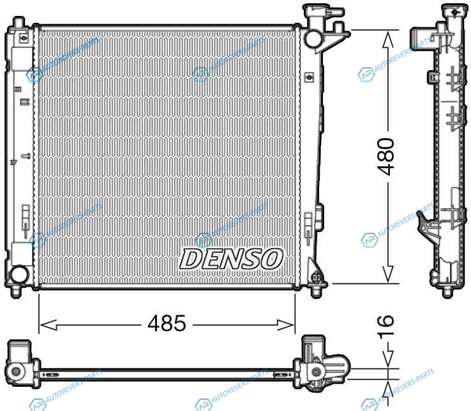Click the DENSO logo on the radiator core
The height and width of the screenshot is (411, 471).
pos(231,259)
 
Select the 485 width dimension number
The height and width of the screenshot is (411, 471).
pos(167,324)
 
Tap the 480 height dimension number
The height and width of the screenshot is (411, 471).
pos(386,156)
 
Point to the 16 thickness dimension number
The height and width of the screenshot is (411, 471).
pos(385,327)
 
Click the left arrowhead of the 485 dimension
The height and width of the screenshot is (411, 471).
pos(48,325)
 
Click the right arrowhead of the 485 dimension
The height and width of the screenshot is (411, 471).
pos(286,325)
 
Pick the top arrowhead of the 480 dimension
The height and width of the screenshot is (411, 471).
pos(388,40)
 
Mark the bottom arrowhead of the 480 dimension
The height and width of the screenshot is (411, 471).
pos(388,274)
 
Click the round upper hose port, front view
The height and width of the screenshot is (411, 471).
pos(313,38)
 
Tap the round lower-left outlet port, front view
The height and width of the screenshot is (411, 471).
pos(19,275)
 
